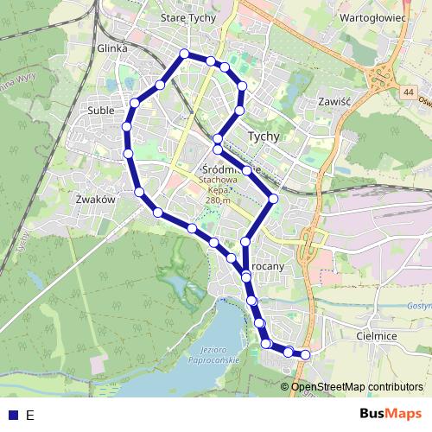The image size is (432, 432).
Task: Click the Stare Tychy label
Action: point(189,17)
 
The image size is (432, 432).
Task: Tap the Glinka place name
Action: point(113,49)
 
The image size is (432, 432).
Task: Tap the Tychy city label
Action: point(264,136)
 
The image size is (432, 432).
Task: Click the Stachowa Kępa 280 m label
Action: point(218,191)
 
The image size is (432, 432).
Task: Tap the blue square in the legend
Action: point(11,415)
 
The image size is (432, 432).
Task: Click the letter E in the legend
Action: point(30,415)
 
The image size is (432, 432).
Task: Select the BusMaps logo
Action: point(391,414)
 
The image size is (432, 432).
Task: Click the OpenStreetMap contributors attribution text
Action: point(356,387)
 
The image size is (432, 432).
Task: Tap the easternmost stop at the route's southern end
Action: point(304,354)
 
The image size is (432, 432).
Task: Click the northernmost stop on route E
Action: point(183,54)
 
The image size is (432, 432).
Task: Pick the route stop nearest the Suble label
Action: point(134,104)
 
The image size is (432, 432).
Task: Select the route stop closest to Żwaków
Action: point(138,192)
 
